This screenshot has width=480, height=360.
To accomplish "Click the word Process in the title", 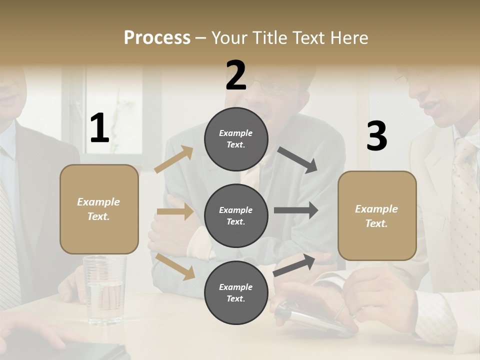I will click(157, 37).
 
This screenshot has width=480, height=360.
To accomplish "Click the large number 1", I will click(99, 128).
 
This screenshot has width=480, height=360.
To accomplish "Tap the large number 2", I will click(236, 75).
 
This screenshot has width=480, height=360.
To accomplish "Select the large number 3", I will click(376, 136).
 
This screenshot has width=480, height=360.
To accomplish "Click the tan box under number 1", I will click(99, 209).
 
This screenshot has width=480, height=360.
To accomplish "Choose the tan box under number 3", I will click(377, 215).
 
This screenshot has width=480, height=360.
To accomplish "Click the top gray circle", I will click(236, 139).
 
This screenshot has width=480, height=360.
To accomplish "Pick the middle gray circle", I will click(236, 216).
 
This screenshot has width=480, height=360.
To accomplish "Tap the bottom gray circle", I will click(236, 293).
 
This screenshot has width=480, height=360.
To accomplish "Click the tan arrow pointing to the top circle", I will click(174, 159).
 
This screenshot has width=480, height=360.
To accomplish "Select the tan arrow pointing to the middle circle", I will click(175, 212).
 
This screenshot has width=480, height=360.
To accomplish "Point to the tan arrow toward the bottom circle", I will click(175, 266).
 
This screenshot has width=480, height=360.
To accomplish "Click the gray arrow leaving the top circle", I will click(297, 159).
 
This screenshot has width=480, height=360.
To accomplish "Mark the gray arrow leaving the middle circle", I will click(295, 210).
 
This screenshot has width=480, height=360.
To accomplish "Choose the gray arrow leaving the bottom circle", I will click(294, 264).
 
